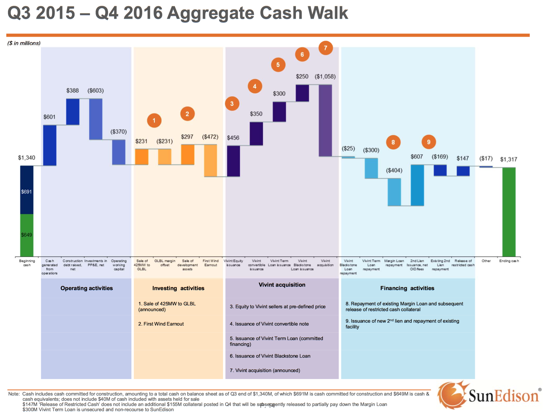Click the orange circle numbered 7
click(326, 48)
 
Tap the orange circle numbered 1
click(154, 120)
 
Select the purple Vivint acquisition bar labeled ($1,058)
click(325, 120)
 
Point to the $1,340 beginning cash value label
click(27, 158)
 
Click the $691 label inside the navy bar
click(27, 192)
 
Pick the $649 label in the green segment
click(27, 235)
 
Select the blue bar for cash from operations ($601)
click(50, 145)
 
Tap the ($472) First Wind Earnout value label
click(210, 137)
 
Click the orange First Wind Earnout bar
click(210, 161)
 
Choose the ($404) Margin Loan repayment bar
click(394, 192)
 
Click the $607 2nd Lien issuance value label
click(417, 157)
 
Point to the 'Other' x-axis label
click(486, 261)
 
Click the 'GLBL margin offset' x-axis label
click(165, 263)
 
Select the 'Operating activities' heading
click(87, 288)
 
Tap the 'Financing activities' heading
click(407, 288)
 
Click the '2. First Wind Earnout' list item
click(161, 324)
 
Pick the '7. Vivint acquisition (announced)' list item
click(265, 371)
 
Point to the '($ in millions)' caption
click(24, 43)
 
